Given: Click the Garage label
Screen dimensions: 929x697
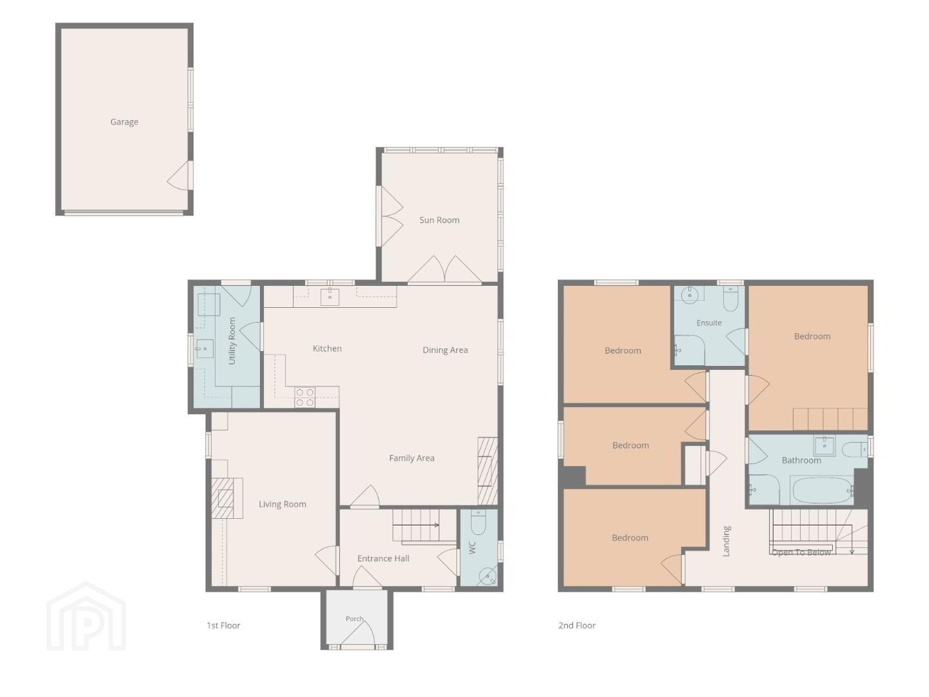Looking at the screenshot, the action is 124,122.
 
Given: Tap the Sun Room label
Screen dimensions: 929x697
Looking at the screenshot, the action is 439,220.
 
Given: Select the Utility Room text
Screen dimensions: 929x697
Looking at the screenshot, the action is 232,341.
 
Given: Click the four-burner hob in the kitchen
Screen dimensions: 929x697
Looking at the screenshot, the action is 305,398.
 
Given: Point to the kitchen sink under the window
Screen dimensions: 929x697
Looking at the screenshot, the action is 330,296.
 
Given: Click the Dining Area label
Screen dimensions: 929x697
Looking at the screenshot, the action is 445,350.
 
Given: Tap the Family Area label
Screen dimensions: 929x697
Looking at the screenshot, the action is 412,458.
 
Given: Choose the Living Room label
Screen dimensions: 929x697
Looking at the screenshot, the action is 283,504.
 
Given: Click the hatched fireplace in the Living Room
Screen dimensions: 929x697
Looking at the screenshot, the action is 227,498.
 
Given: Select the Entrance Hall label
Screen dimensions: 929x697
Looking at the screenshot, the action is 383,559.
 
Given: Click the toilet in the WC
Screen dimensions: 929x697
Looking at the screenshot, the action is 478,523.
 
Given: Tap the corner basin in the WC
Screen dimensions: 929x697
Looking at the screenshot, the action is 488,576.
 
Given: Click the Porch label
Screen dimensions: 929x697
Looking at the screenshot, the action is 354,619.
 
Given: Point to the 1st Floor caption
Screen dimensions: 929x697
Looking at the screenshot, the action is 223,625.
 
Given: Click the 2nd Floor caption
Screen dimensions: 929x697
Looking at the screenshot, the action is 577,625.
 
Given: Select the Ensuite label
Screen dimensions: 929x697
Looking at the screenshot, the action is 709,323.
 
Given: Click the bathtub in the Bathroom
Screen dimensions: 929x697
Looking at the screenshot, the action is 821,490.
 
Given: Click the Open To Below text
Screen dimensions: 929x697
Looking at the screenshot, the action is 801,552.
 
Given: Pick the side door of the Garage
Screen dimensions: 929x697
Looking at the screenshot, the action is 179,176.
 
